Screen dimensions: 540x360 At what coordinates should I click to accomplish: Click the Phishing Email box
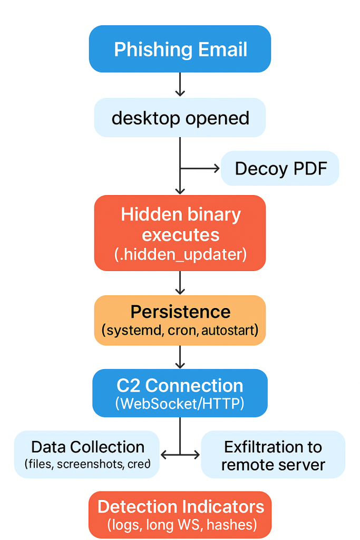180,49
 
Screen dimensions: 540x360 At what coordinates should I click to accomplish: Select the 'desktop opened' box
180,118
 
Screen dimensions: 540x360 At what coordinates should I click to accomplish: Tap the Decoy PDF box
280,169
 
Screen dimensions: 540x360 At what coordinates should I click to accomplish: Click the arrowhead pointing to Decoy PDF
216,169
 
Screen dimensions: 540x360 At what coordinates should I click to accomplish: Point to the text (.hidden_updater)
180,254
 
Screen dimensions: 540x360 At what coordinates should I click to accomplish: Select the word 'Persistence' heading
180,312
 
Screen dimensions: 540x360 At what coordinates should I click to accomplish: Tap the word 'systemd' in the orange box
129,331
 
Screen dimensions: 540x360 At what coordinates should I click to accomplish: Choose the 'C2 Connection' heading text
180,385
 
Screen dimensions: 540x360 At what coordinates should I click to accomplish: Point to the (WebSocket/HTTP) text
180,404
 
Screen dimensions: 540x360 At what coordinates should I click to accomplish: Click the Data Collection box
87,454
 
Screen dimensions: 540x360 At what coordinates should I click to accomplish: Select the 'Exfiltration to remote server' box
273,454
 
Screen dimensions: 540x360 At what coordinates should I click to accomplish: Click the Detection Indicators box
180,514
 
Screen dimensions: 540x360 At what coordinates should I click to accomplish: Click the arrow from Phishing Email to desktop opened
180,84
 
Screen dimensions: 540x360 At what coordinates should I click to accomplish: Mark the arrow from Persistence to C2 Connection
180,357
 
